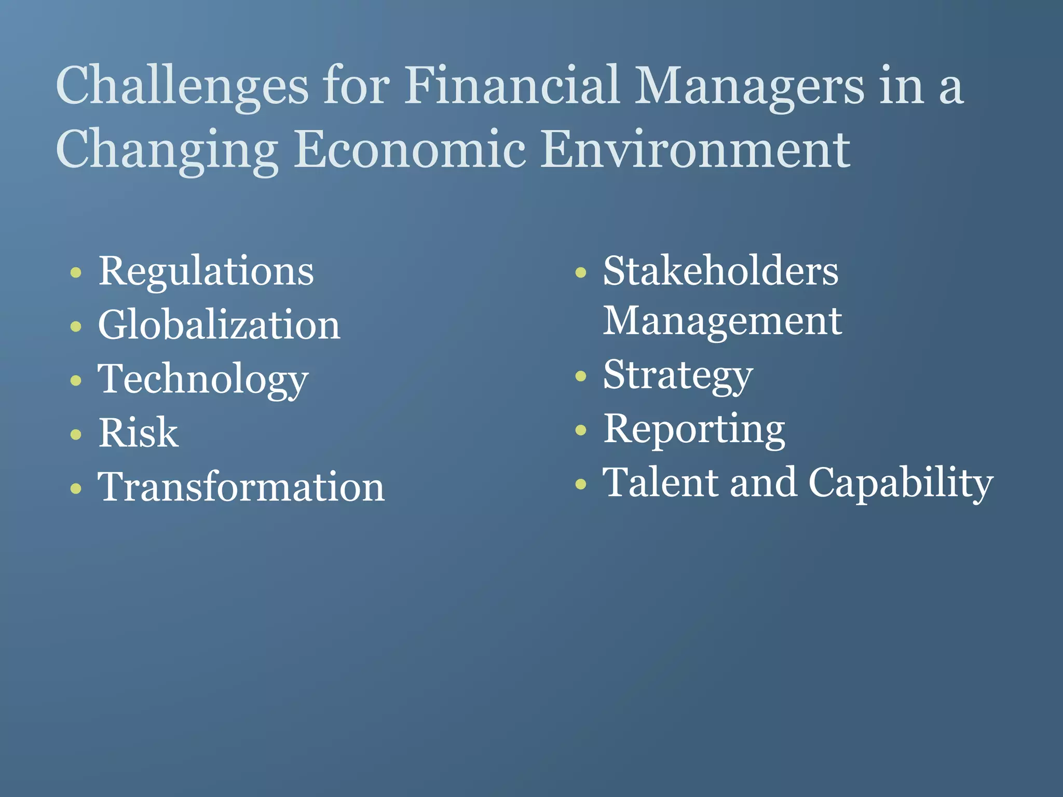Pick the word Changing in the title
(167, 150)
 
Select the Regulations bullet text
(206, 271)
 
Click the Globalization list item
(219, 325)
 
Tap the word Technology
(203, 379)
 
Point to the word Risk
(138, 433)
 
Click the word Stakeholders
(720, 271)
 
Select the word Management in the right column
(722, 321)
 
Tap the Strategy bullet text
(677, 375)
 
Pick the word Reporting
(694, 429)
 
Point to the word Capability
(901, 483)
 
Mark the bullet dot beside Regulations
(76, 272)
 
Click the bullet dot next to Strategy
(581, 376)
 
